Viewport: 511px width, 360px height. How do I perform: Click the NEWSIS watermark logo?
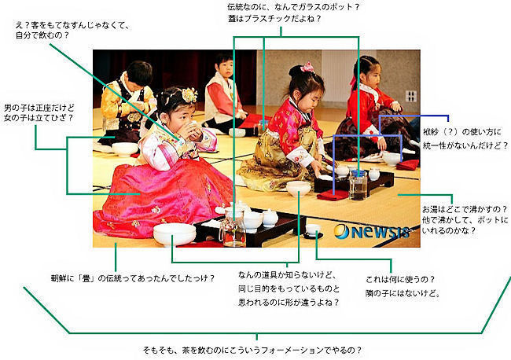coord(372,231)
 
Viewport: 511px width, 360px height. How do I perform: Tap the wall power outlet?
coord(411,96)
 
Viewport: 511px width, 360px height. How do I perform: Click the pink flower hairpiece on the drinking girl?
coord(189,95)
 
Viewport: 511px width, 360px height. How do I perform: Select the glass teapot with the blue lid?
coord(358,185)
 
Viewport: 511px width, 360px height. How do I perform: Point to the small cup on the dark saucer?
coord(313,230)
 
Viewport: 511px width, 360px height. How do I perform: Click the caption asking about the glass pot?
coord(293,13)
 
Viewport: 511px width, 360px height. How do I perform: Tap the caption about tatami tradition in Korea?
coord(133,278)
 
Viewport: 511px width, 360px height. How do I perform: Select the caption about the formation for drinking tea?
coord(252,351)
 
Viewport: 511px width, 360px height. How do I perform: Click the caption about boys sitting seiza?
coord(39,112)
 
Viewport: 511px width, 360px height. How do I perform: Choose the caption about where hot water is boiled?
coord(465,219)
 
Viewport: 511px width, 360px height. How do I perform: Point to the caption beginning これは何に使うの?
coord(403,286)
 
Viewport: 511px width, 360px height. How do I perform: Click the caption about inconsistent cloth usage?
coord(465,138)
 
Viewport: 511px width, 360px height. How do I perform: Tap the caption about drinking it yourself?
coord(72,30)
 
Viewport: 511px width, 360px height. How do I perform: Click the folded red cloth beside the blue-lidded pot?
coord(333,196)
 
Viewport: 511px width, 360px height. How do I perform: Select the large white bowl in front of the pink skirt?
coord(175,234)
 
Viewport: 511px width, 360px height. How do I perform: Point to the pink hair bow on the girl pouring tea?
coord(307,67)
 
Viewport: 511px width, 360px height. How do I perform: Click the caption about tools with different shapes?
coord(289,288)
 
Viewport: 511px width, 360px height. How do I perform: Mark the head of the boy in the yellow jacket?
coord(139,74)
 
